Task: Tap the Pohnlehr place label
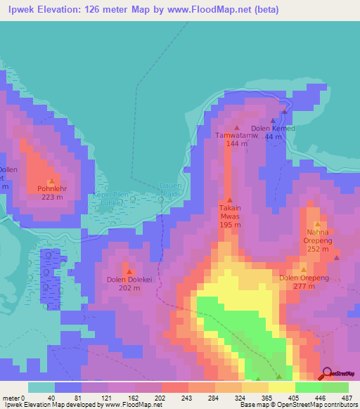click(x=50, y=188)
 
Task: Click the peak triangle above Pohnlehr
click(x=51, y=180)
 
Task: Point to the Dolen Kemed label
click(x=273, y=129)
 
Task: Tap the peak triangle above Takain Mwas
click(x=229, y=200)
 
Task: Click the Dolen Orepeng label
click(x=304, y=278)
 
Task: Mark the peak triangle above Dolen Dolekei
click(x=129, y=271)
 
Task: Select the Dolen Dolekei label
click(x=129, y=279)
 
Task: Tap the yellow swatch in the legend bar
click(x=281, y=387)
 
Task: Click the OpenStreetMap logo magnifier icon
click(x=327, y=374)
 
